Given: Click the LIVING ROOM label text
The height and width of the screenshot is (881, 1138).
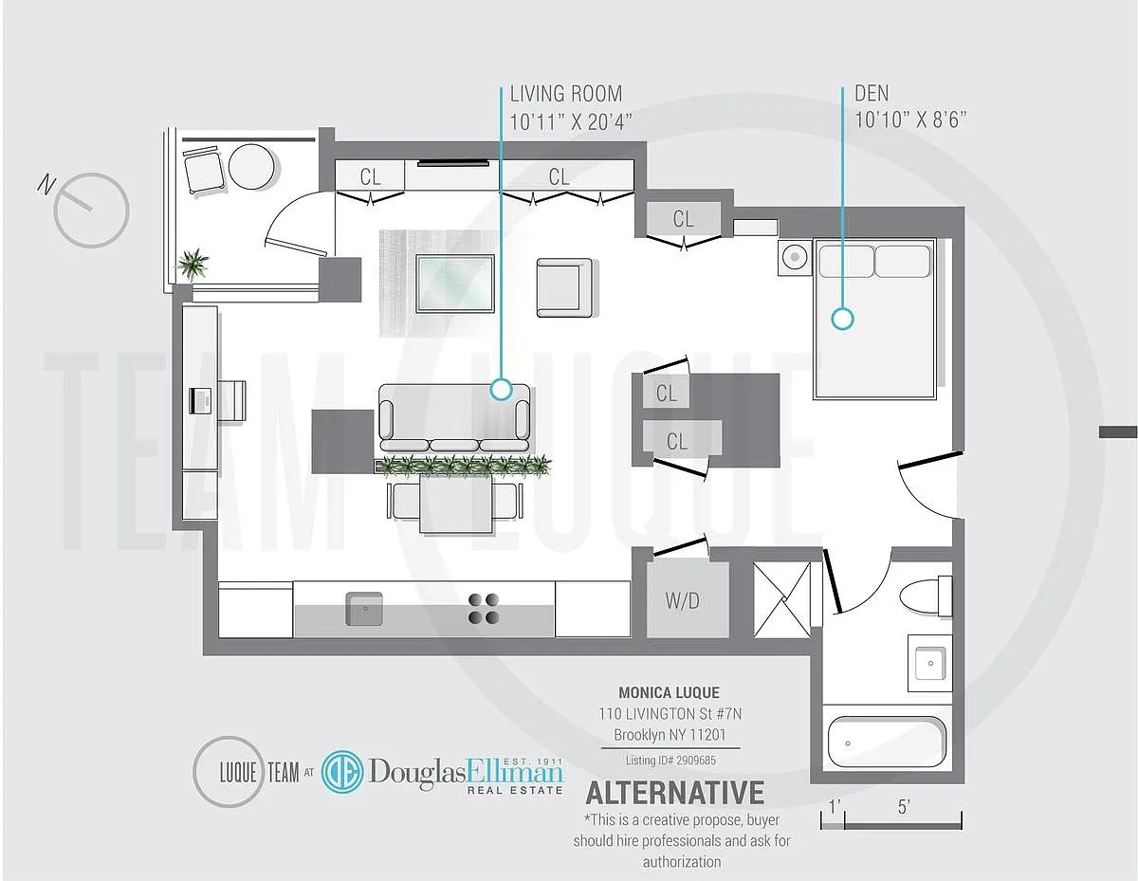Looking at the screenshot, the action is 566,94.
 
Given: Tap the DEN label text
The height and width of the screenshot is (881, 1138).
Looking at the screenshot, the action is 871,94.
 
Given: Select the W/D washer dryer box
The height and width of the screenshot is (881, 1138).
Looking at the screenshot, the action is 683,600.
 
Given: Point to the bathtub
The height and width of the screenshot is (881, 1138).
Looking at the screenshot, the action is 887,743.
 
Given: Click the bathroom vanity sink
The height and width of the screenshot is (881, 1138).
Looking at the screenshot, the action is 929,662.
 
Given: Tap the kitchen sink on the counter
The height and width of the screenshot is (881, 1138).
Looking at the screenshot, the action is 363,608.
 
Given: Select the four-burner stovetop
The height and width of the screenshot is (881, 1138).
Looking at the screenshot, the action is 484,608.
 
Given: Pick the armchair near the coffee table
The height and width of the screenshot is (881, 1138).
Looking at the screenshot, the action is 564,286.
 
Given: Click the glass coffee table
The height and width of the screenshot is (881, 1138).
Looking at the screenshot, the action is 455,283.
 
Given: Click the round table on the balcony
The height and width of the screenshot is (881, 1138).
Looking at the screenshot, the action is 253,167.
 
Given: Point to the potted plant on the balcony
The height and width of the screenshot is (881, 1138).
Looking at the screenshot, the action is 193,264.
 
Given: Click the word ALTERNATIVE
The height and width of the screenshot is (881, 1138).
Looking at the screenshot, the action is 674,792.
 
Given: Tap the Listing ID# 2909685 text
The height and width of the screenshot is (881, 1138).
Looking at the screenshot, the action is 670,761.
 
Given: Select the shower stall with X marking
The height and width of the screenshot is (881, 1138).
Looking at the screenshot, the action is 782,599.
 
